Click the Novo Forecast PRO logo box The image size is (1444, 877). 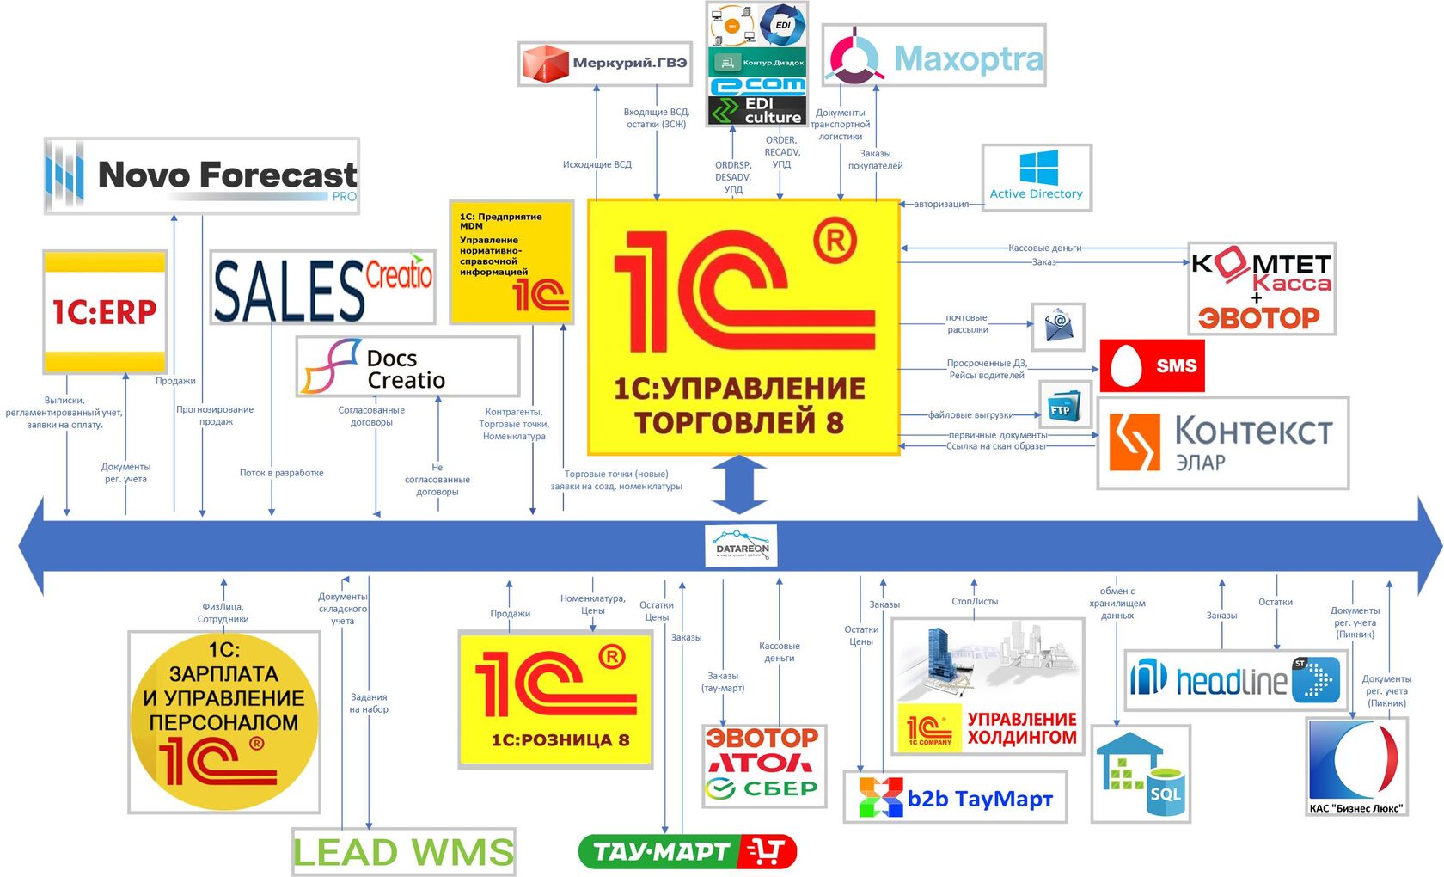[202, 176]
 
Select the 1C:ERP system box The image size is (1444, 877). [105, 311]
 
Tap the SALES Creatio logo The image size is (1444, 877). [322, 288]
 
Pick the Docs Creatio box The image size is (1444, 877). [407, 367]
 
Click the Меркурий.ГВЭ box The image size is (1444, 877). [605, 63]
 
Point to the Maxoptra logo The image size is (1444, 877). [933, 56]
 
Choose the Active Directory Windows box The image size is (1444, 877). [1037, 177]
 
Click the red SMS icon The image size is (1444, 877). [1152, 365]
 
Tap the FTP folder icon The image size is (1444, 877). [1065, 405]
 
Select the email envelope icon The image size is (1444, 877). [1058, 327]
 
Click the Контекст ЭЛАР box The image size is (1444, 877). [1222, 443]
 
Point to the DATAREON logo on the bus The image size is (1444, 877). [742, 546]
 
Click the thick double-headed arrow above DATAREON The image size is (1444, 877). [739, 485]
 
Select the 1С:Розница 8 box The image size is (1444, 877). [556, 699]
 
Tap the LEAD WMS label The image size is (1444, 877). [403, 852]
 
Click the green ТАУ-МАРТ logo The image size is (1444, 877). [688, 851]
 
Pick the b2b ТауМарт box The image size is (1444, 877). [955, 797]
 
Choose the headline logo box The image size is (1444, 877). [1235, 680]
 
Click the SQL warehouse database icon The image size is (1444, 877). [1141, 774]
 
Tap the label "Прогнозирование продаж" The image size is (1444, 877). [215, 415]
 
